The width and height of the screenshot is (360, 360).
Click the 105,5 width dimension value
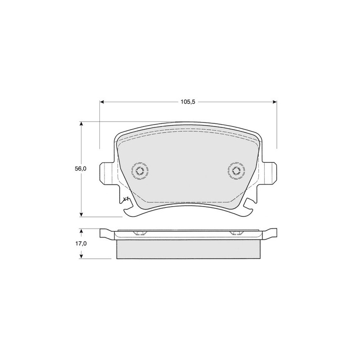188,102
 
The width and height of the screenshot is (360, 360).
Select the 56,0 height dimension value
81,169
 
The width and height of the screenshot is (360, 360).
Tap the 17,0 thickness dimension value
81,243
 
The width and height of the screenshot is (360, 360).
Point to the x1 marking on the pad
126,199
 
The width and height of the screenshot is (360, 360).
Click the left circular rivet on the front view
140,171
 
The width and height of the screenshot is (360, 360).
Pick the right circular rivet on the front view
236,171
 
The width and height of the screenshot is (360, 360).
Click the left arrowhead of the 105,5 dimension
102,102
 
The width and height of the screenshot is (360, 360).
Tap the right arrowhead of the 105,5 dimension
274,102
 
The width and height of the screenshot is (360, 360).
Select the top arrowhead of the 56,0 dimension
81,124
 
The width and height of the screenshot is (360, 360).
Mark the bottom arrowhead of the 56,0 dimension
81,214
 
